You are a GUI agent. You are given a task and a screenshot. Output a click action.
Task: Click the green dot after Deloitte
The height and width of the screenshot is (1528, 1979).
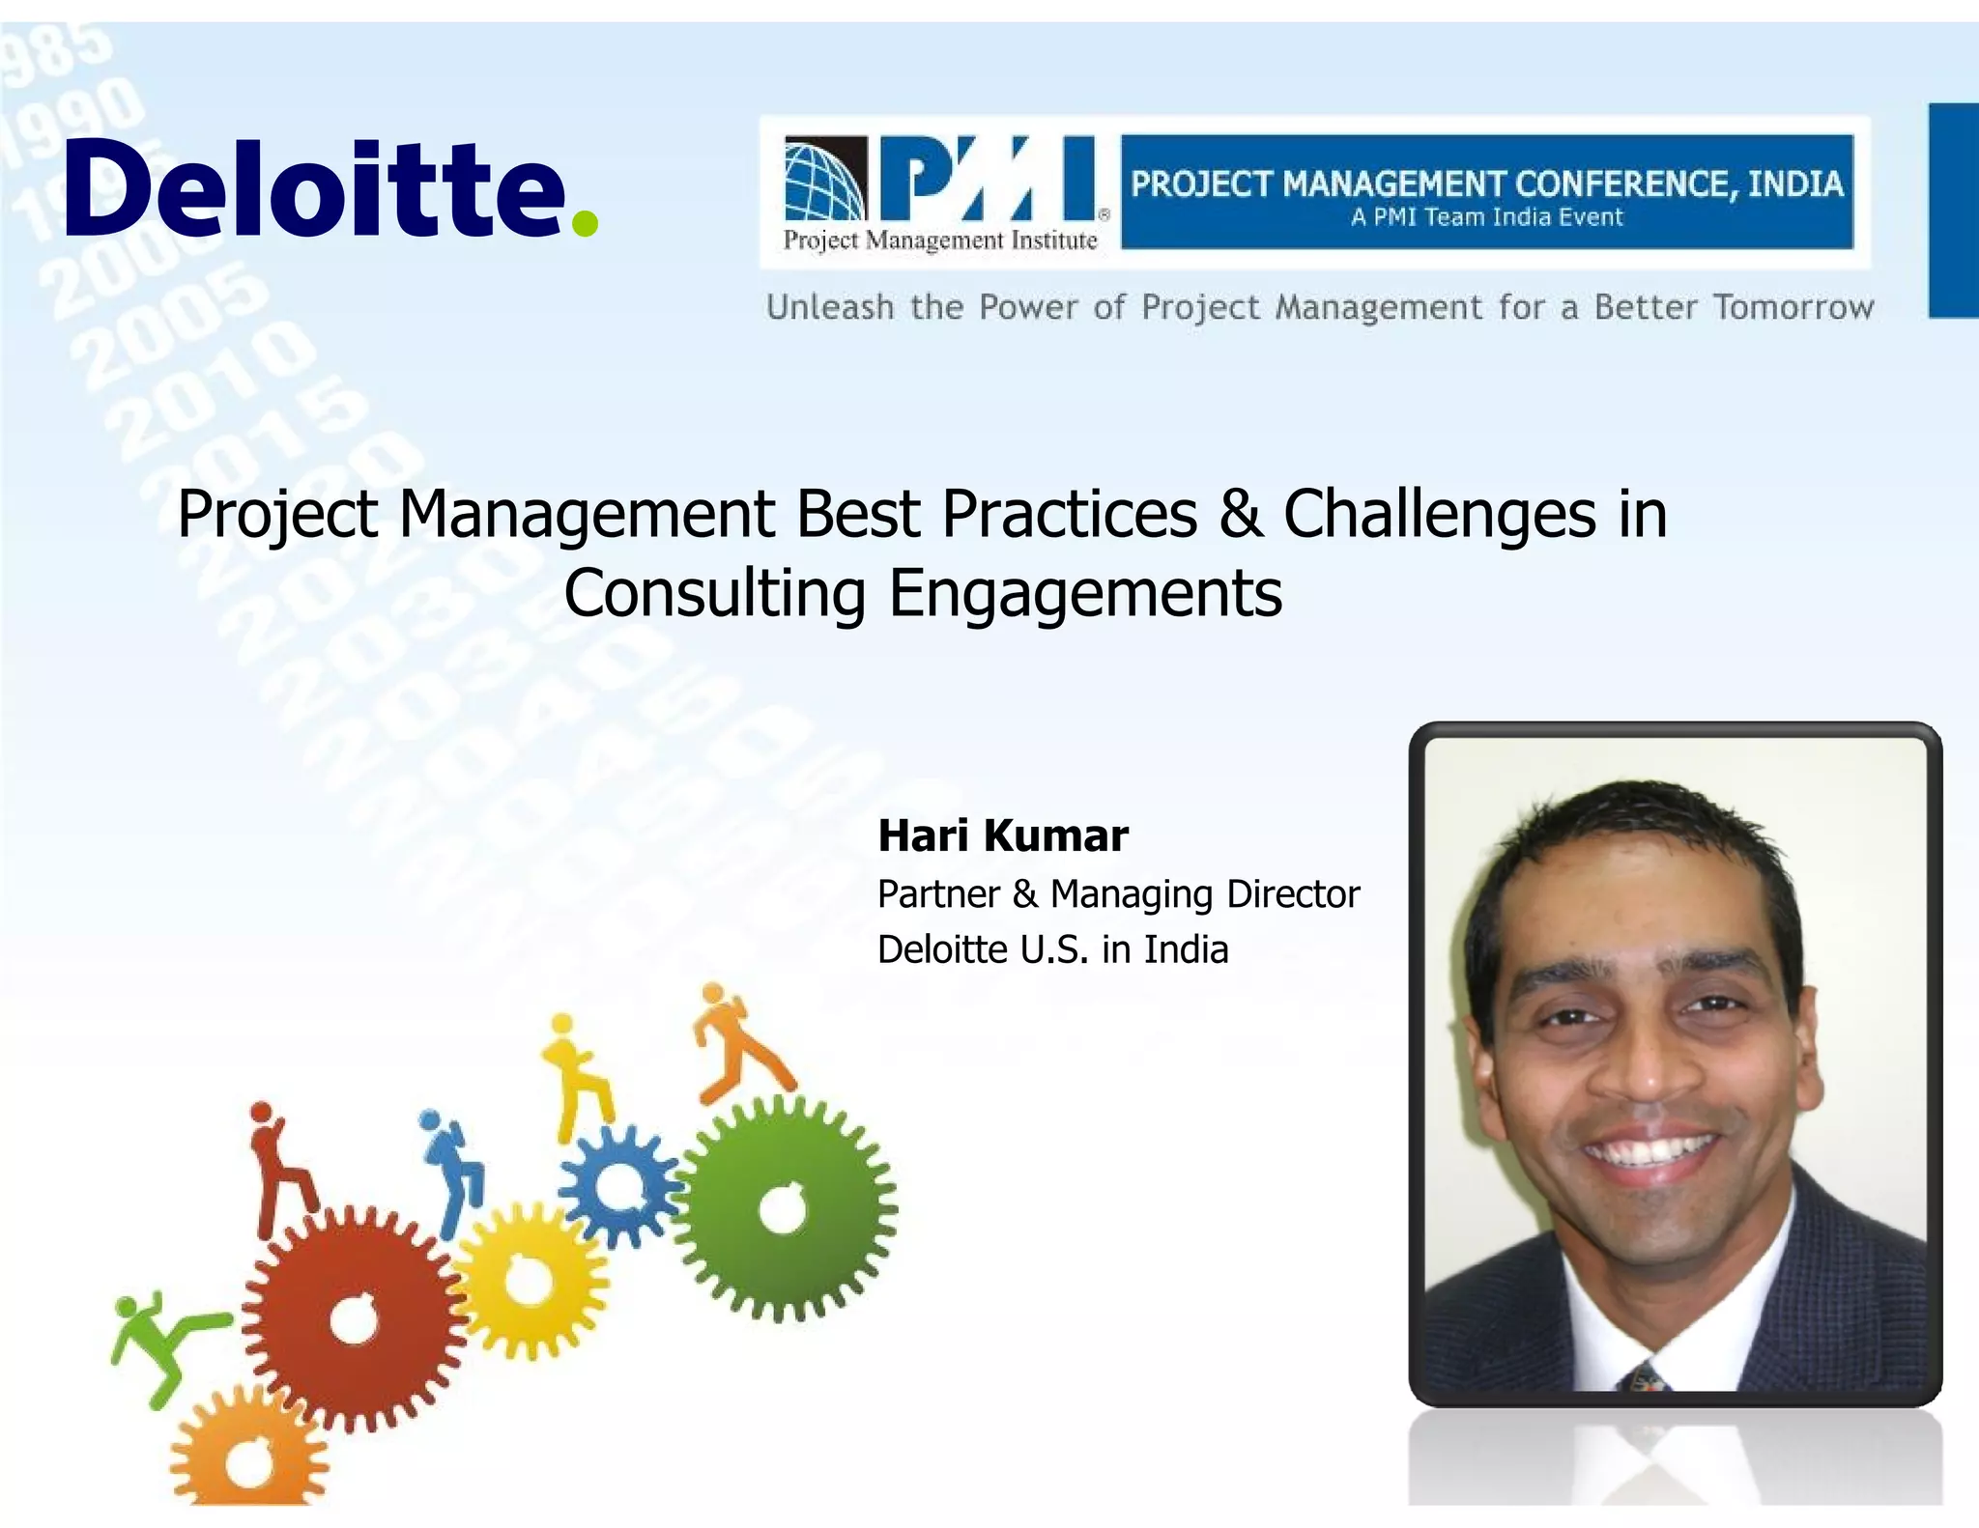585,223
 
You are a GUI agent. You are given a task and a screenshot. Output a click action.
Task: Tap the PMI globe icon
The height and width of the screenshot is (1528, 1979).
824,181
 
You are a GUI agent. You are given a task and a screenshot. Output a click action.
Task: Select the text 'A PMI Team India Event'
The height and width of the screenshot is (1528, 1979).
1486,217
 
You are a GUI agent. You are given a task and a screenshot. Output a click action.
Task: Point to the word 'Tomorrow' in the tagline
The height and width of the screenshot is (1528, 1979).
1793,307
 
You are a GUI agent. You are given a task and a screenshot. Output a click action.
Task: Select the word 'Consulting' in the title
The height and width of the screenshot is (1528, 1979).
714,592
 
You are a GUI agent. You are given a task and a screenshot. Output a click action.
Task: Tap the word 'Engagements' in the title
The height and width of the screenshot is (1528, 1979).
1085,592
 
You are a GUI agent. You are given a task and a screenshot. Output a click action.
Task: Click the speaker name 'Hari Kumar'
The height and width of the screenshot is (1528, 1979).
1002,835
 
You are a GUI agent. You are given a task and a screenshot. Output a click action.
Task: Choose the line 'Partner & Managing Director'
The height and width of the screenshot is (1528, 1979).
1118,894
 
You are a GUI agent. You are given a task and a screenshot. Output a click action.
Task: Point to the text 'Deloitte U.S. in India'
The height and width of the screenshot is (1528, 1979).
1052,949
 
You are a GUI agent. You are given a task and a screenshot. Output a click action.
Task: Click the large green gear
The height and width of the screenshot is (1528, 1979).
785,1210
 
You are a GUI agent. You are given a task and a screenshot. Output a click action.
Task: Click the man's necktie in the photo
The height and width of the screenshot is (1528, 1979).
1645,1376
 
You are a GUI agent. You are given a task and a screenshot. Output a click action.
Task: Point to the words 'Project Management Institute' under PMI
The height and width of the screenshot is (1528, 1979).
939,241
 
